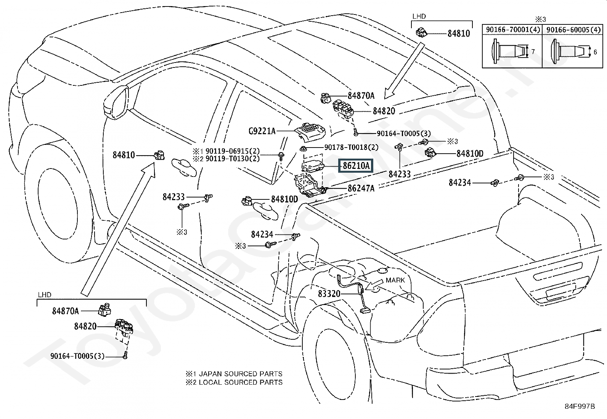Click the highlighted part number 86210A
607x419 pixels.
point(356,166)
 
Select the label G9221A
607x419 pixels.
point(262,131)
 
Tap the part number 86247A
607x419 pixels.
point(361,188)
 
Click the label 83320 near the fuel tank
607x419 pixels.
point(329,294)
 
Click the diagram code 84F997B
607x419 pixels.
point(580,406)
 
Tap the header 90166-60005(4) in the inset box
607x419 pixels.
point(573,30)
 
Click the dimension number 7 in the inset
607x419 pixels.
point(533,51)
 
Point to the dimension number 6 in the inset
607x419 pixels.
point(595,52)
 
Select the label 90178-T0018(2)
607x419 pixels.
point(351,147)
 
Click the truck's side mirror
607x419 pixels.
point(116,102)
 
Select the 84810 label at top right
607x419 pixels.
point(459,34)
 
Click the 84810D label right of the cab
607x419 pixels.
point(470,154)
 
